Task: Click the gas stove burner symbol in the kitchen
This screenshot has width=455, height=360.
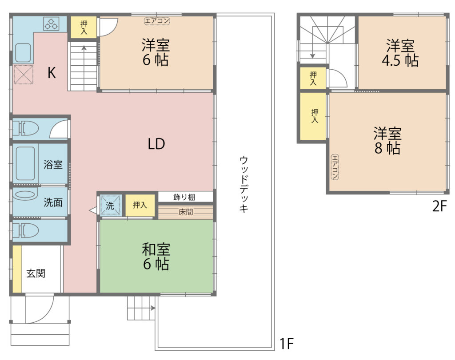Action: coord(52,24)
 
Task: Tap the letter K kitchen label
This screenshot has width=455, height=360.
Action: coord(52,73)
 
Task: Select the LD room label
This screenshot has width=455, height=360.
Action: coord(156,144)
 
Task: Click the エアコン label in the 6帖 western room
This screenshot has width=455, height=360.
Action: coord(157,21)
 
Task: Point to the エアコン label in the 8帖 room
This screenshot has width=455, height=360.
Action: coord(335,167)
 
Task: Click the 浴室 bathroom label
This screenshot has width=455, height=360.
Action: coord(53,164)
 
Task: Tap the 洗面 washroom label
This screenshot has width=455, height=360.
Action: coord(53,202)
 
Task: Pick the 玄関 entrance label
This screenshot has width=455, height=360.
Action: coord(36,273)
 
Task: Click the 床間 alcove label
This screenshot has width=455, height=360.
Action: coord(186,212)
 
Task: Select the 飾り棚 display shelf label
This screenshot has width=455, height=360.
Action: coord(184,197)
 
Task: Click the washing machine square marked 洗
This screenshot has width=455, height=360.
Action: coord(110,206)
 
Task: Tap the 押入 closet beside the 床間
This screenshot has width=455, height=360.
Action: coord(140,205)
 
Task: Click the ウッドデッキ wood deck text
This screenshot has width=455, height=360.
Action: coord(244,184)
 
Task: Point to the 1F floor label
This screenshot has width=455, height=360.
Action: coord(287,344)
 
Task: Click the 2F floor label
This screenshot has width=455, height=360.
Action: coord(439,206)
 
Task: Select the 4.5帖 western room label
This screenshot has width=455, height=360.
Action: coord(400,53)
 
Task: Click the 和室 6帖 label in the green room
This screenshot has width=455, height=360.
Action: coord(156,257)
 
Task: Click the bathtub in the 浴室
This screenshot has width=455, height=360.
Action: coord(25,163)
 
